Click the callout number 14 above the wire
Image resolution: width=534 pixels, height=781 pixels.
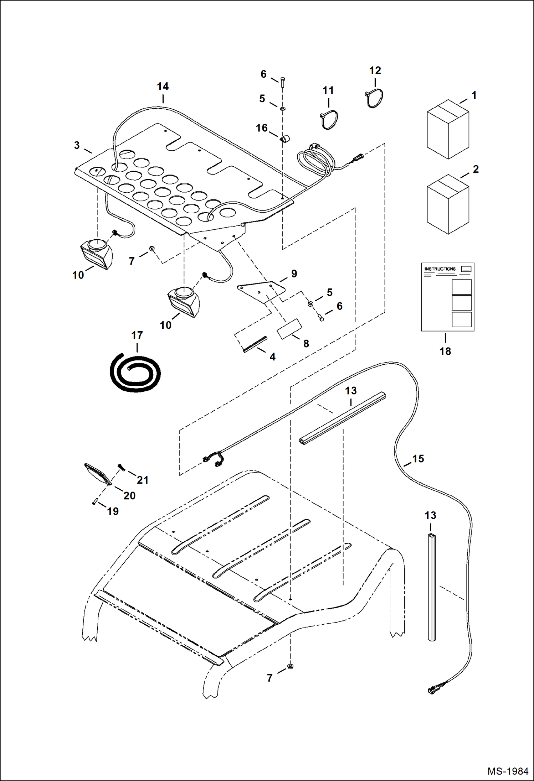click(163, 87)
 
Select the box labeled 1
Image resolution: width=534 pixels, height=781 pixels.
click(448, 130)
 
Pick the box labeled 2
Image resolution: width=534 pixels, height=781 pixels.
click(448, 204)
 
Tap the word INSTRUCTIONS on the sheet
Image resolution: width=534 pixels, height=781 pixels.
click(440, 269)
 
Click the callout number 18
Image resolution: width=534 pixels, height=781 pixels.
click(445, 351)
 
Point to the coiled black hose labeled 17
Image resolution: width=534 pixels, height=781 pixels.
click(135, 373)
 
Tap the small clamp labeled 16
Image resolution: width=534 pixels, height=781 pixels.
click(284, 139)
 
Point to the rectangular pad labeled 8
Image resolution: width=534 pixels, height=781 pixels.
click(289, 329)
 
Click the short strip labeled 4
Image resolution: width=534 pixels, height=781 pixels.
click(255, 344)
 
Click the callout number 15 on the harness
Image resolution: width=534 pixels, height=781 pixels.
click(418, 459)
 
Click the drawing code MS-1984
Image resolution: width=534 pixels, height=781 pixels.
click(508, 771)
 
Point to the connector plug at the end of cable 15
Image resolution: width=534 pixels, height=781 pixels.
click(434, 690)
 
